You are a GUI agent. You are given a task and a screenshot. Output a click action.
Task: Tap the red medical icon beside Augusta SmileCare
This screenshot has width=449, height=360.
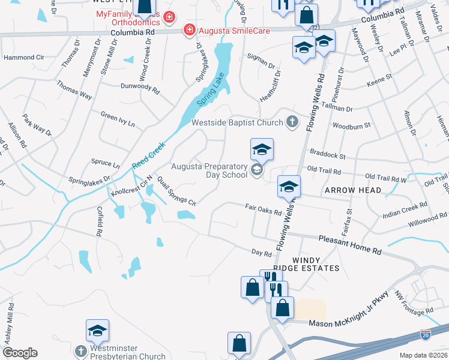[190, 29]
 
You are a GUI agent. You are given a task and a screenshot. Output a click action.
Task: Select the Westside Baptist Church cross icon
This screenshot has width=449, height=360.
[292, 122]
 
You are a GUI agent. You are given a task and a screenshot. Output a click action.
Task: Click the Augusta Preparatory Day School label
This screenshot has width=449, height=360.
[209, 170]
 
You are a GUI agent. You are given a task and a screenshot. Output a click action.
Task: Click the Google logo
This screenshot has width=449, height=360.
[20, 353]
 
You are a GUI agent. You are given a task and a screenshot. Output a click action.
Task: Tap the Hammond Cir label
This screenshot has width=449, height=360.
[24, 58]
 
